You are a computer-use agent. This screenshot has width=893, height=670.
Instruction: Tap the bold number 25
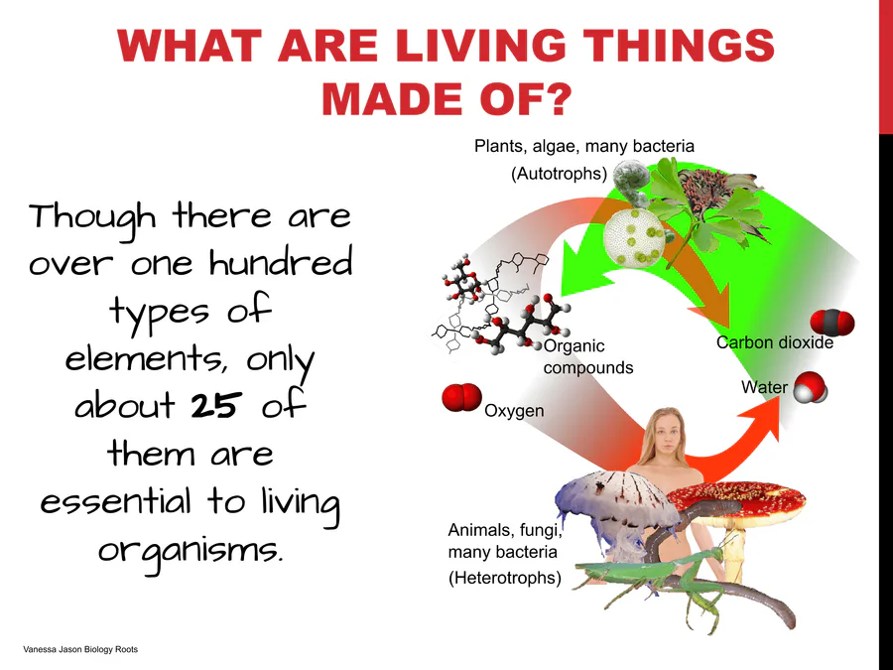[x=213, y=405]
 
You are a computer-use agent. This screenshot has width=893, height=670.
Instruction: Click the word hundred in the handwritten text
[x=281, y=264]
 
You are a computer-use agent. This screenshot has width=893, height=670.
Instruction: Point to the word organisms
[x=191, y=551]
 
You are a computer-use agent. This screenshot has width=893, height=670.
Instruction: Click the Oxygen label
[x=514, y=411]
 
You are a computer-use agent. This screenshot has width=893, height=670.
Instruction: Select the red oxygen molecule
[x=461, y=397]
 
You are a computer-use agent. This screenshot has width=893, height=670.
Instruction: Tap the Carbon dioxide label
[x=775, y=342]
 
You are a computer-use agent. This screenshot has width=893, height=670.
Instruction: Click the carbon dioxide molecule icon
[x=832, y=323]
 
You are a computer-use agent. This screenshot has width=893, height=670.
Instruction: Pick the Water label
[x=764, y=387]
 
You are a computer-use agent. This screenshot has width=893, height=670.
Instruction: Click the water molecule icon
[x=811, y=387]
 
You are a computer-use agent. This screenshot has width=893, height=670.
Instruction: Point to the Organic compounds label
[x=587, y=356]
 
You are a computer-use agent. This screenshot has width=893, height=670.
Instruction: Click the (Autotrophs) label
[x=559, y=173]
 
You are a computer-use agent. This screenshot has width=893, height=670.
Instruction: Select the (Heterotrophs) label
[x=505, y=578]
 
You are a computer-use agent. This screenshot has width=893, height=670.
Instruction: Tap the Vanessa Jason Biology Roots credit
[x=80, y=649]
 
